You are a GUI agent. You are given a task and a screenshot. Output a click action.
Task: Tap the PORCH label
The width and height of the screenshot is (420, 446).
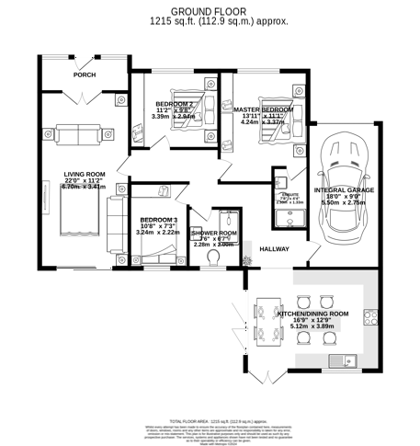coord(85,75)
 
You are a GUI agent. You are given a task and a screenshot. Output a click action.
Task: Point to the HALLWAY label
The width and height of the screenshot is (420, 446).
coord(275,249)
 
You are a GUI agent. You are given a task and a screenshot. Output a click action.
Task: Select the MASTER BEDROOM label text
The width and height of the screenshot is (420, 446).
coord(263,110)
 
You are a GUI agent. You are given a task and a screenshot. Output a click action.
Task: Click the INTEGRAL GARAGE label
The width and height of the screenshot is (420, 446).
coord(341,191)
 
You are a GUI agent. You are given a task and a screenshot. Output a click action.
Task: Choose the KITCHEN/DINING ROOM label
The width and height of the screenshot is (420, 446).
coord(313,314)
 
